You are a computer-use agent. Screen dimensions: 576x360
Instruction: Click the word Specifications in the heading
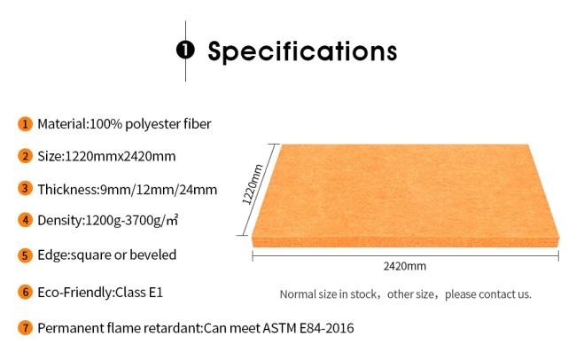(x=302, y=51)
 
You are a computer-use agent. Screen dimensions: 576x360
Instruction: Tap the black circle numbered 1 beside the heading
(x=185, y=50)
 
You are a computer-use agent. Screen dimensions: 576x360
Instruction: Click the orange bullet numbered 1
(x=25, y=124)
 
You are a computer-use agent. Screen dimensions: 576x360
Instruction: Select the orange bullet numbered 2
(x=25, y=156)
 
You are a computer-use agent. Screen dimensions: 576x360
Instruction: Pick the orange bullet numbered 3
(x=25, y=189)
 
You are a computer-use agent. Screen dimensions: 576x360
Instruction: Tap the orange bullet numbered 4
(x=25, y=220)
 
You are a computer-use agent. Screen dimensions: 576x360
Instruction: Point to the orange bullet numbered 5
(x=25, y=255)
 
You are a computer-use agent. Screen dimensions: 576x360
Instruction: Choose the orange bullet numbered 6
(x=25, y=293)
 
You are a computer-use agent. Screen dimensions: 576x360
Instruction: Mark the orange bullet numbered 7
(x=25, y=328)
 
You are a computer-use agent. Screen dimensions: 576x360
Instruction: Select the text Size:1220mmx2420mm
(x=106, y=156)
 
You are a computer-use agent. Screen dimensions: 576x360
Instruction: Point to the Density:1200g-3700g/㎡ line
(x=108, y=220)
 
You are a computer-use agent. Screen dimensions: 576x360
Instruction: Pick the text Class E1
(x=139, y=293)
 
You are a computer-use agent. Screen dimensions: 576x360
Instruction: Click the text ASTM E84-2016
(x=307, y=328)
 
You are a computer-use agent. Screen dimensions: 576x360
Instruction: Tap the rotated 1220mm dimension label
(x=253, y=184)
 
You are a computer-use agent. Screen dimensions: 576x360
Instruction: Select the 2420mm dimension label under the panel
(x=405, y=266)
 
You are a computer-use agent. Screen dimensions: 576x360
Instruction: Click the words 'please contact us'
(x=488, y=294)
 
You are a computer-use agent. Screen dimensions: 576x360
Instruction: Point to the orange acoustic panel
(x=406, y=195)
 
